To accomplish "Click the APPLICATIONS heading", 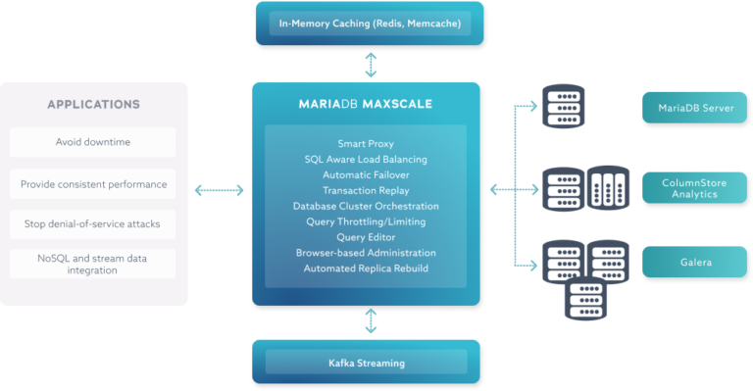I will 93,104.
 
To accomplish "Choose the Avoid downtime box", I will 93,142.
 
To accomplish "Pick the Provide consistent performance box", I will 93,183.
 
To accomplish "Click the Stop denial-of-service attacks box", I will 93,224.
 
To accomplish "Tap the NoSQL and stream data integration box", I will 93,263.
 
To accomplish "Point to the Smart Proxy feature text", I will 366,143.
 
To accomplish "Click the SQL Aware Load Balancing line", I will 366,159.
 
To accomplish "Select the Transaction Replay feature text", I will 366,190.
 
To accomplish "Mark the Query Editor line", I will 366,237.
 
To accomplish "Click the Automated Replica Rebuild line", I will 366,269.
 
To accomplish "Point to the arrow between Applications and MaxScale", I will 219,188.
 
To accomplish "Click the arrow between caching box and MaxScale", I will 370,65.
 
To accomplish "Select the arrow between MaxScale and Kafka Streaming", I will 370,321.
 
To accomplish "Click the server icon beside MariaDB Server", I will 560,107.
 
